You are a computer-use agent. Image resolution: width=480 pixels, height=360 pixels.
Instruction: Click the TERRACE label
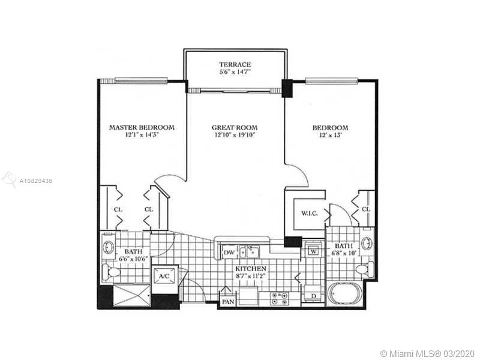(x=235, y=65)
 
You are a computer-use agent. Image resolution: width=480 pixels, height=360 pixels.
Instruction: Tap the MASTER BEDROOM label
(x=142, y=127)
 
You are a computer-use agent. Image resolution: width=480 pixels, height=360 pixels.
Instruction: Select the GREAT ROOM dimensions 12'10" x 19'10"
(x=234, y=135)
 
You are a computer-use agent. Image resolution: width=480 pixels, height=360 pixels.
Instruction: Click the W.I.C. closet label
(x=309, y=214)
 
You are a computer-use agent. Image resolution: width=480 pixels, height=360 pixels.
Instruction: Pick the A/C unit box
(x=164, y=276)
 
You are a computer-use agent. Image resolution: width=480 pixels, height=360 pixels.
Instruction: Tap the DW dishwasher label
(x=229, y=253)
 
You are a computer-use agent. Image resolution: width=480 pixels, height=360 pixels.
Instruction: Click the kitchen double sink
(x=250, y=252)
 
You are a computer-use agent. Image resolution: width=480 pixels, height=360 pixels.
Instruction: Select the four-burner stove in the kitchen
(x=280, y=298)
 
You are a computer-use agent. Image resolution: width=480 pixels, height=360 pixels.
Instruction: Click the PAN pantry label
(x=228, y=302)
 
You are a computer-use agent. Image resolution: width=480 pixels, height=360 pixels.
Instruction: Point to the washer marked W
(x=313, y=250)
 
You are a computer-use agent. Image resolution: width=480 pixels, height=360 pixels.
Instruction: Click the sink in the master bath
(x=108, y=247)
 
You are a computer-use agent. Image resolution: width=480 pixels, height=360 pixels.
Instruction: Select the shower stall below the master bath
(x=132, y=295)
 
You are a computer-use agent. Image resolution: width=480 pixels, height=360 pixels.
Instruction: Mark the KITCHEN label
(x=251, y=269)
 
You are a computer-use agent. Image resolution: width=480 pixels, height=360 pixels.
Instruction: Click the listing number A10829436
(x=36, y=181)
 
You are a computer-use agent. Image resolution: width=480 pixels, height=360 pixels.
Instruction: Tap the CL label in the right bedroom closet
(x=366, y=209)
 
